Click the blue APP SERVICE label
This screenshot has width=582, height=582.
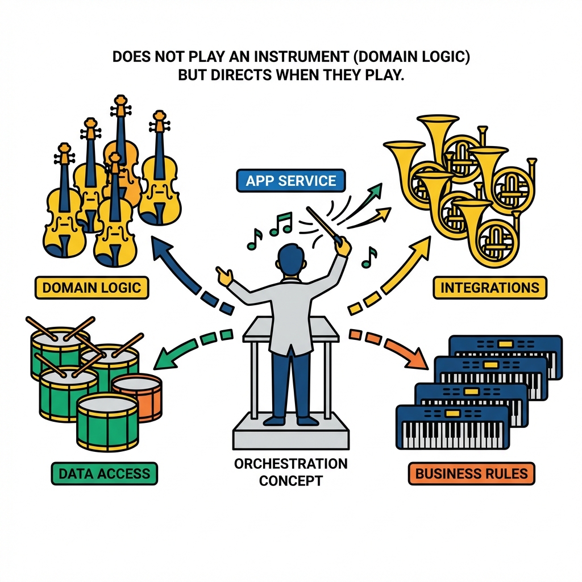[x=291, y=181]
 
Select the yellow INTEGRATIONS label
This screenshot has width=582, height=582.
[x=489, y=287]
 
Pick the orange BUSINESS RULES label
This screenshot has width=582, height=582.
[x=472, y=473]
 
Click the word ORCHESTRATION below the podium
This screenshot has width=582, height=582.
[x=290, y=463]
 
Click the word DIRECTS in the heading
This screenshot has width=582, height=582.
[x=247, y=76]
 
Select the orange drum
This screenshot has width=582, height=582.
[x=138, y=396]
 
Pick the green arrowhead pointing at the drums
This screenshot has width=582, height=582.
[x=165, y=360]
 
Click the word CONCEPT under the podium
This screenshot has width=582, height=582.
[x=290, y=481]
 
